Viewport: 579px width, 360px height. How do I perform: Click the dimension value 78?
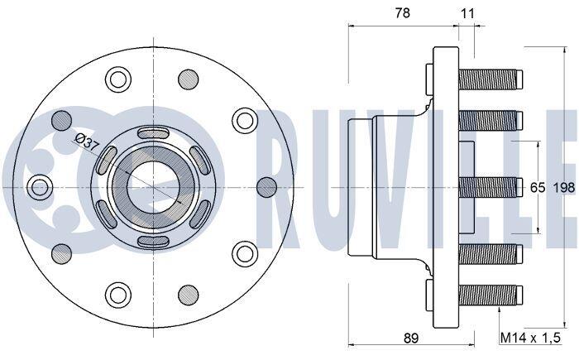[402, 13]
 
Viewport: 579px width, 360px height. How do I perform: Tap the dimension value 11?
[467, 14]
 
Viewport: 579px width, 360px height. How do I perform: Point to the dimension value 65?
[538, 188]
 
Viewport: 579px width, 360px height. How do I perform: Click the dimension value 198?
[564, 188]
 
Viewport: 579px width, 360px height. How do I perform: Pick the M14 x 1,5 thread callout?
[530, 338]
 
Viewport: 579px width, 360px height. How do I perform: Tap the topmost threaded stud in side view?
[490, 79]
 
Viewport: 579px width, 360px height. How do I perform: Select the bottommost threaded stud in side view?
[490, 295]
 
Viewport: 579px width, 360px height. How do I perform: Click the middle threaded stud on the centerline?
[490, 187]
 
